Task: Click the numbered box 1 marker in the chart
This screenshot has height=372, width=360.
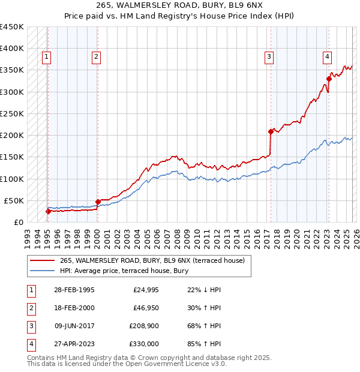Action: click(47, 57)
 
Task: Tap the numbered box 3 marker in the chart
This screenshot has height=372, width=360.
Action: click(269, 57)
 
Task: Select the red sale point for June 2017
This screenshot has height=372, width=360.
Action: click(271, 131)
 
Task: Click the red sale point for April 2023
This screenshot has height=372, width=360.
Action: click(329, 79)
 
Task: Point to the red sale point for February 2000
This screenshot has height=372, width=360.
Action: click(98, 202)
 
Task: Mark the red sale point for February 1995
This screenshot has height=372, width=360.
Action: click(48, 211)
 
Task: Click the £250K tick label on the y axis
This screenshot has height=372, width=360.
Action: click(12, 113)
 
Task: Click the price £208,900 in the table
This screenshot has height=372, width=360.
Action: click(145, 327)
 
